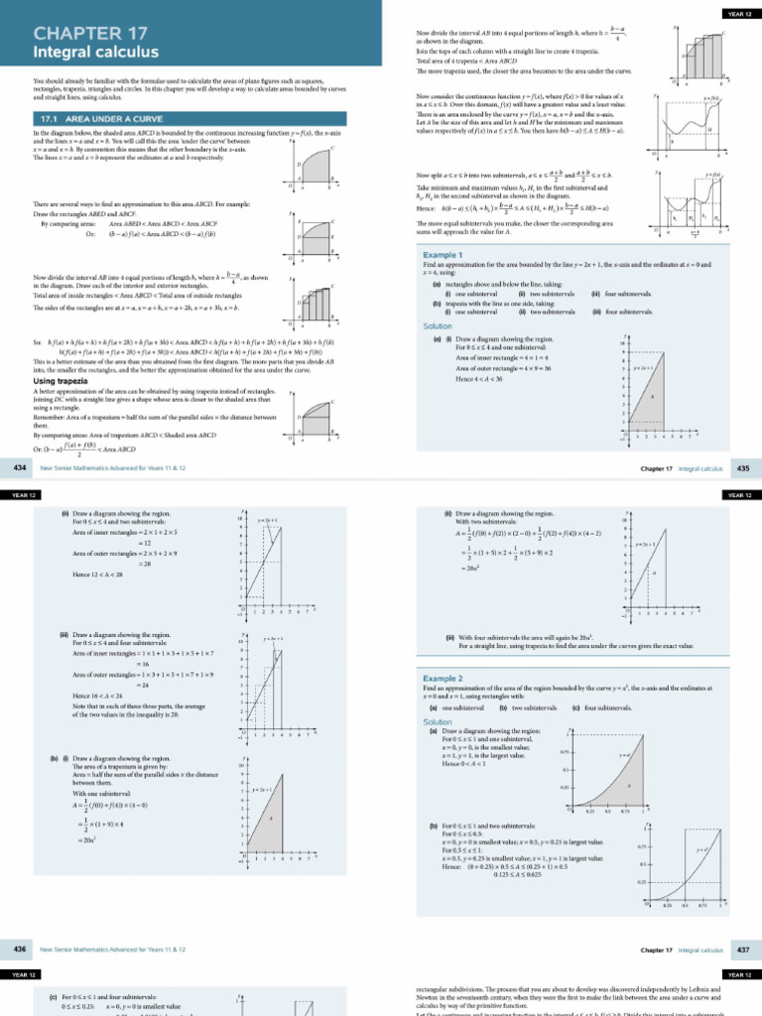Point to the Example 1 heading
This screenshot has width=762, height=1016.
(x=443, y=255)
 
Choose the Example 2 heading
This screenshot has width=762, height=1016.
(x=443, y=678)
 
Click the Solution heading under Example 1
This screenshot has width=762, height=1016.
(x=438, y=325)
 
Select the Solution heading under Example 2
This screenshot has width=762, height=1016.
(x=438, y=721)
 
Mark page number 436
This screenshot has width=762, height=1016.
(x=19, y=950)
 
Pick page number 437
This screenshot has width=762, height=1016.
(x=743, y=950)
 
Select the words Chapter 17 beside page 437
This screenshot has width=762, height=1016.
(x=657, y=950)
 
